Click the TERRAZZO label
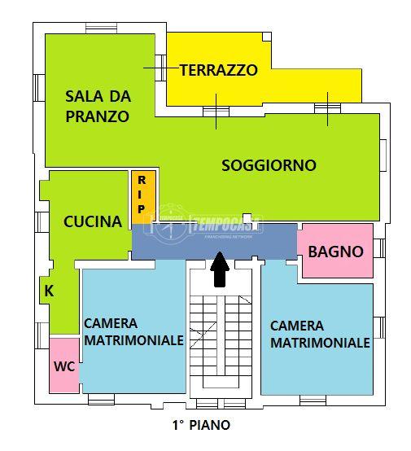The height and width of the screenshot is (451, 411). (x=218, y=70)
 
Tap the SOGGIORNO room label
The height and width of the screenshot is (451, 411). (x=269, y=165)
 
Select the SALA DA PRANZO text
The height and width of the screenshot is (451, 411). (x=97, y=106)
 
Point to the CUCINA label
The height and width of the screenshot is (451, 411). (x=93, y=221)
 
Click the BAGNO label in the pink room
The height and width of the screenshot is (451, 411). (x=335, y=252)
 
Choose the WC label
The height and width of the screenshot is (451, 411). (x=64, y=366)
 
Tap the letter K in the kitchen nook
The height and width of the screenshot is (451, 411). (x=48, y=291)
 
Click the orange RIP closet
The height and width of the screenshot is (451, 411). (x=142, y=195)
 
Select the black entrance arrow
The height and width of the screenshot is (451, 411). (x=219, y=269)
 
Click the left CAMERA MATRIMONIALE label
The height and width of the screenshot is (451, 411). (x=133, y=331)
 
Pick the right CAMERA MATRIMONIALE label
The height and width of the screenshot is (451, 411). (x=320, y=334)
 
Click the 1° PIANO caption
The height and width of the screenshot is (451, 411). (x=200, y=425)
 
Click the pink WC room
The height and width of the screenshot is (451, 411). (x=64, y=366)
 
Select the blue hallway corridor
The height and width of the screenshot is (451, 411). (x=213, y=242)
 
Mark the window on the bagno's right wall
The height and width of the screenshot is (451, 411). (x=377, y=250)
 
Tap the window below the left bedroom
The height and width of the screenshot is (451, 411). (x=102, y=399)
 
